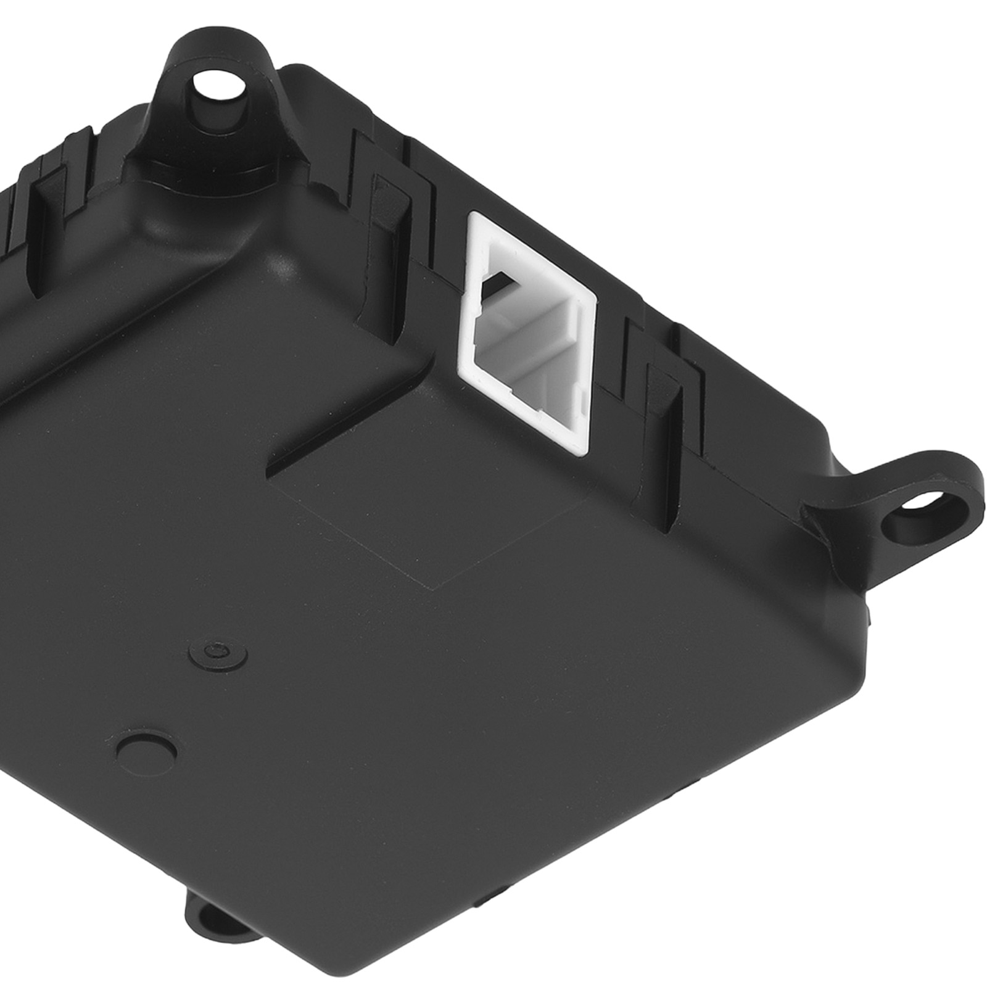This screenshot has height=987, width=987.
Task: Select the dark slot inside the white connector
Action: pyautogui.click(x=501, y=281)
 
